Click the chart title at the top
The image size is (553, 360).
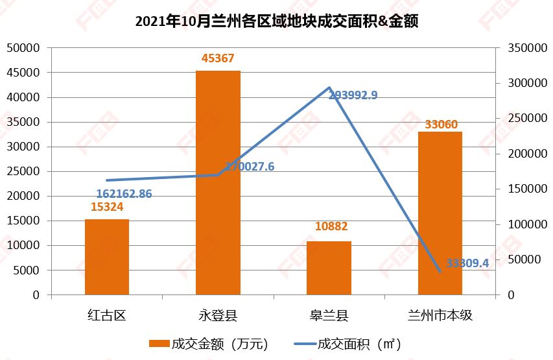pos(276,21)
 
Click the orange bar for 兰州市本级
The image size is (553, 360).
pos(440,213)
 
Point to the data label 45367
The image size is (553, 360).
pos(218,58)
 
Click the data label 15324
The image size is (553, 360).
pos(107,207)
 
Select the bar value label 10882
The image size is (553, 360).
pos(331,226)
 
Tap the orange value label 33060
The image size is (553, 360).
pos(441,124)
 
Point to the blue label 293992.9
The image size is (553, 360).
pos(353,95)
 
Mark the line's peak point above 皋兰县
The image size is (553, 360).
pos(329,88)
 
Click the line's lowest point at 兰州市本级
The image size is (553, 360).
pos(440,271)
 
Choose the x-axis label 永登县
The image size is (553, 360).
pos(218,316)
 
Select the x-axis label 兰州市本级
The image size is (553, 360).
pos(440,316)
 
